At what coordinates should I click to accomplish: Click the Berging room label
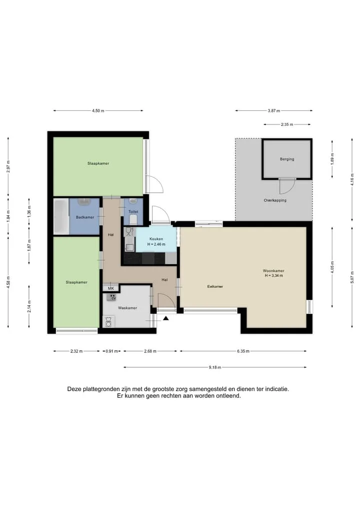tap(287, 159)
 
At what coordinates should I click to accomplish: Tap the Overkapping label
tap(275, 200)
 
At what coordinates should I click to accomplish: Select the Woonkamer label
tap(273, 271)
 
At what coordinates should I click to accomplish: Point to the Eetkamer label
tap(215, 286)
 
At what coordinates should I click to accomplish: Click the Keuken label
tap(156, 239)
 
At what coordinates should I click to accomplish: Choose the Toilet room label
tap(133, 212)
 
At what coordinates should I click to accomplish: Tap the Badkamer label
tap(85, 217)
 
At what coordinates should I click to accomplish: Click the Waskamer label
tap(127, 308)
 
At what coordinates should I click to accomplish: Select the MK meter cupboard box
tap(110, 288)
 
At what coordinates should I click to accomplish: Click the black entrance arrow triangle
tap(165, 319)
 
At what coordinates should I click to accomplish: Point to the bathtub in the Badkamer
tap(61, 216)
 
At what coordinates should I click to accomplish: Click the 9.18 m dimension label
tap(214, 368)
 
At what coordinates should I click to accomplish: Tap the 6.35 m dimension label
tap(243, 351)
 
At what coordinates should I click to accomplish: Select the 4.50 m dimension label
tap(98, 111)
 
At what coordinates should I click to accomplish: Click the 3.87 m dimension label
tap(273, 111)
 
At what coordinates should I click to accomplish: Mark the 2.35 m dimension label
tap(287, 124)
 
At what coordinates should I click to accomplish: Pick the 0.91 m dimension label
tap(111, 351)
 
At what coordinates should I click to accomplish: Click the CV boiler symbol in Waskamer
tap(112, 297)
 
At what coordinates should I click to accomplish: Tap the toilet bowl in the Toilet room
tap(133, 220)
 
